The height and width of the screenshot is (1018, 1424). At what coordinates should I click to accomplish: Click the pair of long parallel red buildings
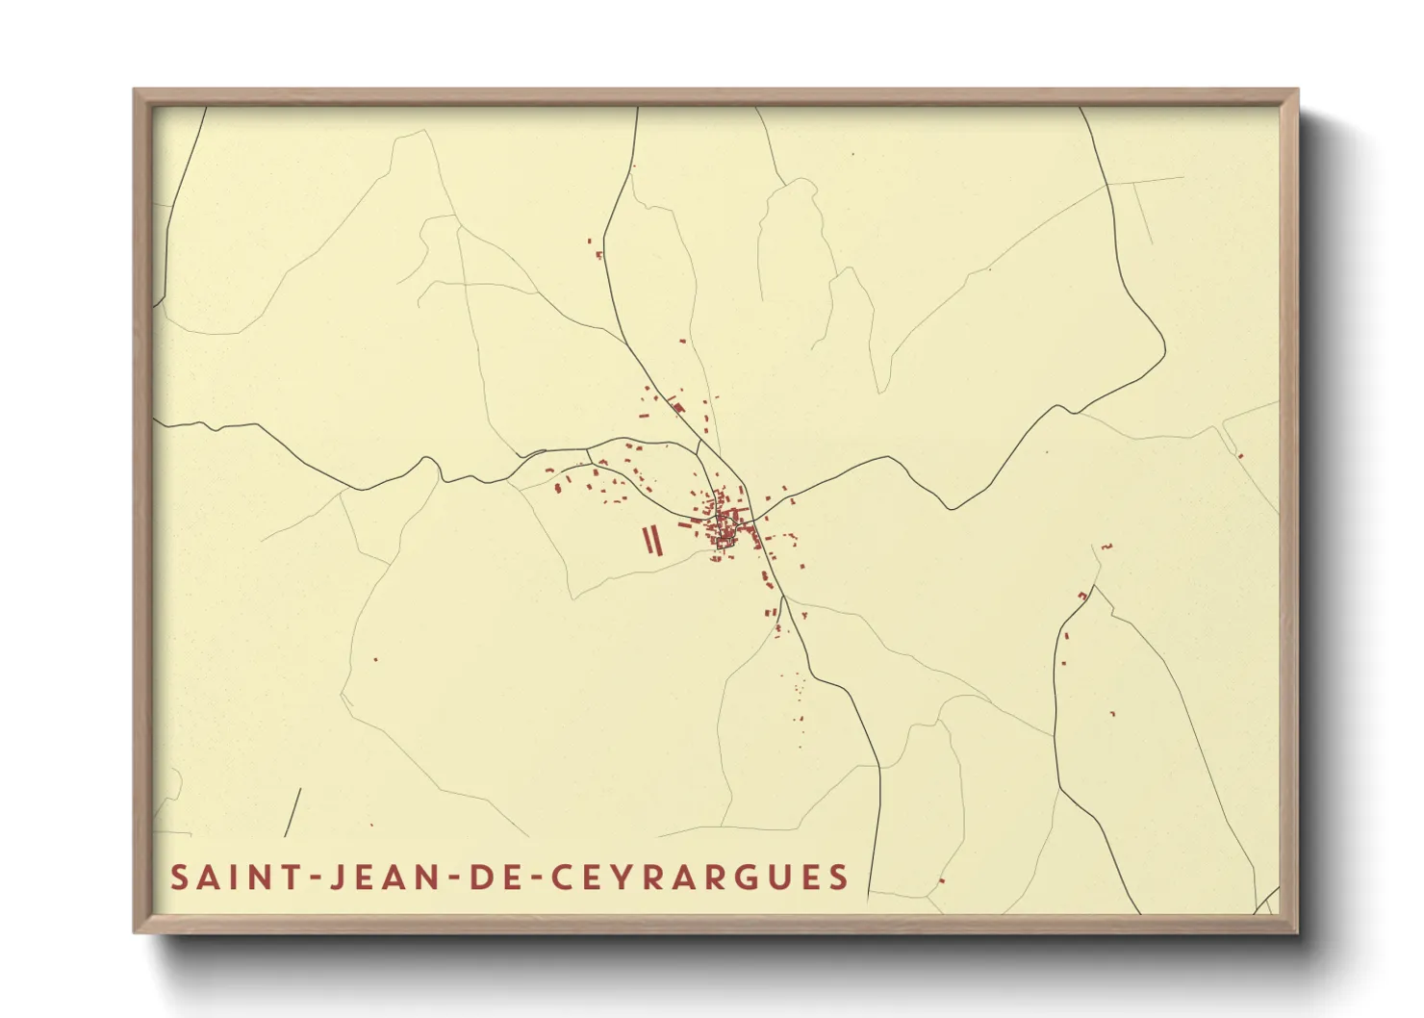click(x=652, y=540)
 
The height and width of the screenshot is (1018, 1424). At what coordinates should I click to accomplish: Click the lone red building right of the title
click(x=942, y=880)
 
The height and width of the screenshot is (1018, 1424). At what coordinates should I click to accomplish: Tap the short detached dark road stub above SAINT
click(x=292, y=812)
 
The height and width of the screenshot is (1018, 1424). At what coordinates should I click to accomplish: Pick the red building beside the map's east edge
click(x=1240, y=455)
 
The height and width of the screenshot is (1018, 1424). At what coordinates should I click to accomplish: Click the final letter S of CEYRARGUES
click(x=840, y=877)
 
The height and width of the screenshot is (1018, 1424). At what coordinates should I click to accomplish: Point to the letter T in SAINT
click(x=286, y=877)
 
